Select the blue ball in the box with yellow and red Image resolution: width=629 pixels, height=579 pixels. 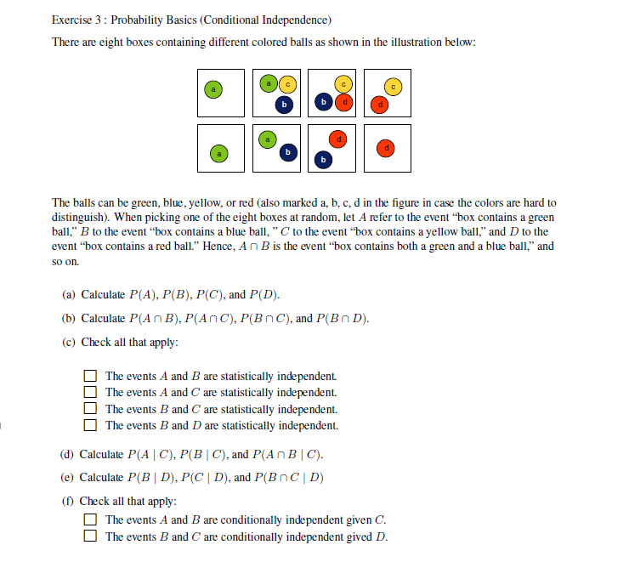[x=323, y=102]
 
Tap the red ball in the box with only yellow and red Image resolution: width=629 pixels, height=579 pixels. [x=381, y=104]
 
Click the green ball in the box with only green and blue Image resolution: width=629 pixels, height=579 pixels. [x=268, y=139]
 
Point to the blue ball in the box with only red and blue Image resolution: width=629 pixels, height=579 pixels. [x=323, y=158]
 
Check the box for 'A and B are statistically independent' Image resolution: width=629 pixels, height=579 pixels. [x=90, y=376]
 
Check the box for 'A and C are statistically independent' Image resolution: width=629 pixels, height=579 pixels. [x=90, y=392]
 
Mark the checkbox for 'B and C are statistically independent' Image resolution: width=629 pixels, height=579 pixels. [x=90, y=409]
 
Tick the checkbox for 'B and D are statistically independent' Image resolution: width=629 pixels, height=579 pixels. [x=90, y=425]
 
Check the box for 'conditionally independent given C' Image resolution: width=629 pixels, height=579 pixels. [x=90, y=520]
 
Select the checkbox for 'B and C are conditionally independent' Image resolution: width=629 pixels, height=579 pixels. [x=90, y=536]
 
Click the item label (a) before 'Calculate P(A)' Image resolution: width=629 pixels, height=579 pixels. [x=69, y=295]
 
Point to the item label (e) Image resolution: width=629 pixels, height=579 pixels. [x=69, y=477]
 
